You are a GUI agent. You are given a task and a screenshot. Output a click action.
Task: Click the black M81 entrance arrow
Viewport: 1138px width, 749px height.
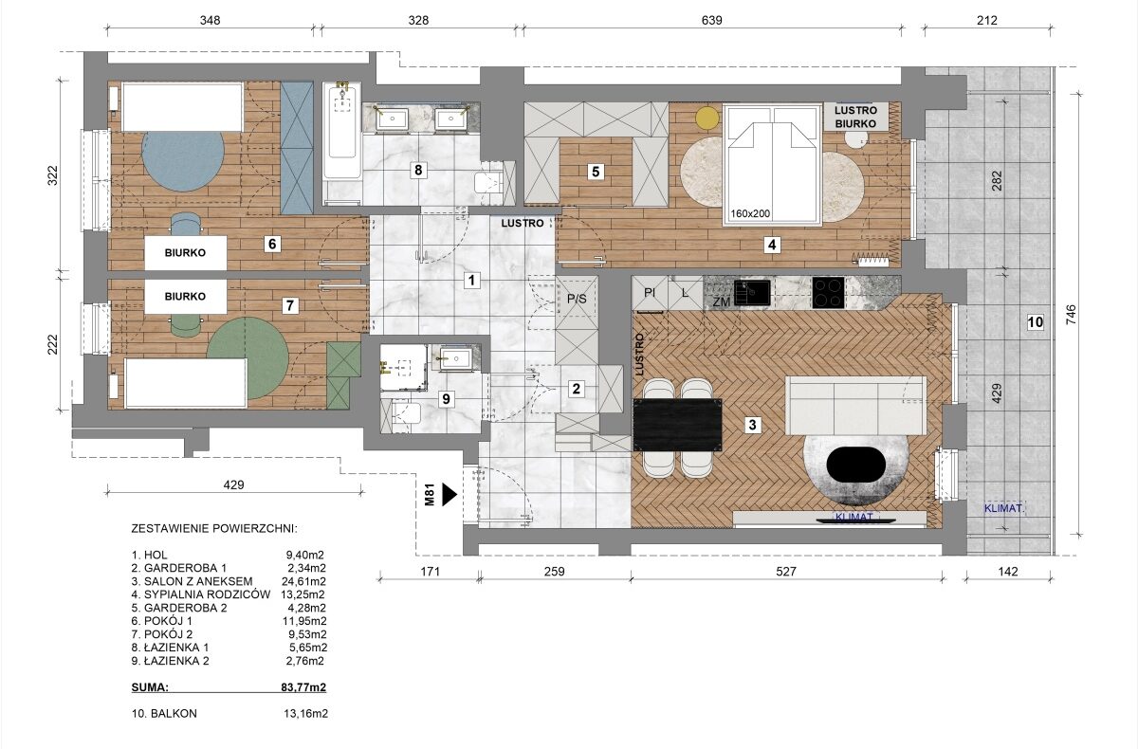pyautogui.click(x=450, y=494)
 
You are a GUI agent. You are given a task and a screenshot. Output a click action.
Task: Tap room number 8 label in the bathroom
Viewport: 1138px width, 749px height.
pyautogui.click(x=418, y=170)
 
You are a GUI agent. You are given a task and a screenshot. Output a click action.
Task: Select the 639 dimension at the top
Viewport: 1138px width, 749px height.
pyautogui.click(x=712, y=20)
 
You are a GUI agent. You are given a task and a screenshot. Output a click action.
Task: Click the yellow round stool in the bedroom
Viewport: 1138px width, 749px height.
pyautogui.click(x=707, y=118)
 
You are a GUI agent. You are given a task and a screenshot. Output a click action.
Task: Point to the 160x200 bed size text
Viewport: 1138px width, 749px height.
pyautogui.click(x=750, y=213)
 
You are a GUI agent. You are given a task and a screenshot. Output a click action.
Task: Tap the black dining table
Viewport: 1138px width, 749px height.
pyautogui.click(x=678, y=425)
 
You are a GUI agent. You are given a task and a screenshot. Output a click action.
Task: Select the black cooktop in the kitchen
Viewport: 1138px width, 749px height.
pyautogui.click(x=828, y=293)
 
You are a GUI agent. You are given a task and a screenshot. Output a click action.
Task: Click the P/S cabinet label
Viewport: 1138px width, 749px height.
pyautogui.click(x=577, y=299)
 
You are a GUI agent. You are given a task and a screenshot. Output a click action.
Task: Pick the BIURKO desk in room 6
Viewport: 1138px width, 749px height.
pyautogui.click(x=186, y=253)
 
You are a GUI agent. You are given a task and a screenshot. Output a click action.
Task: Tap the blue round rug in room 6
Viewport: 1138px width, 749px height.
pyautogui.click(x=183, y=159)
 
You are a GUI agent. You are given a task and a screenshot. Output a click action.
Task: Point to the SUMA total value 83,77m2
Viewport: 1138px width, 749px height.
pyautogui.click(x=303, y=687)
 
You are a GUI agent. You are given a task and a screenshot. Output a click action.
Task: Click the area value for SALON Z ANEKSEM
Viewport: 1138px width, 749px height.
pyautogui.click(x=303, y=581)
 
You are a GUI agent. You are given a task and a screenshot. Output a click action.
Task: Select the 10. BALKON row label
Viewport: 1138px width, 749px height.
pyautogui.click(x=164, y=714)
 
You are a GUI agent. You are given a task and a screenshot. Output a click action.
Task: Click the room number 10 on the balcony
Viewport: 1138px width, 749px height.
pyautogui.click(x=1035, y=322)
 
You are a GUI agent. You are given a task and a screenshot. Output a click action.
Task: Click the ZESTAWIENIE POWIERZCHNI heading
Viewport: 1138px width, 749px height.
pyautogui.click(x=214, y=529)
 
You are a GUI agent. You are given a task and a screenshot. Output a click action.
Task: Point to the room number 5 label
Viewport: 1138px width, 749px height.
pyautogui.click(x=596, y=172)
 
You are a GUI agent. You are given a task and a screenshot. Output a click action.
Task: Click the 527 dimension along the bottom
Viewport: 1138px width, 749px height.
pyautogui.click(x=786, y=572)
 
